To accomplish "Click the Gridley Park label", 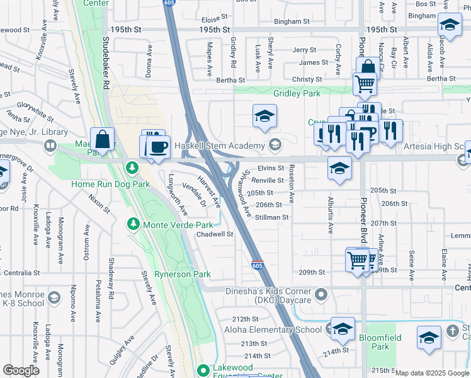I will pos(297,93).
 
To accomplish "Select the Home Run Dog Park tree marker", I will pos(132,168).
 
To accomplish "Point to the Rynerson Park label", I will pos(183,274).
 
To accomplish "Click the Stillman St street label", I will pos(272,217).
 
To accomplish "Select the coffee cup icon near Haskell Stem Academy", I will pos(157,147).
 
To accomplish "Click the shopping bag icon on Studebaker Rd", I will pos(101,139).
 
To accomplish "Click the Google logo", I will pos(21,370).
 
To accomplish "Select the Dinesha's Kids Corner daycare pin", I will pos(322,294).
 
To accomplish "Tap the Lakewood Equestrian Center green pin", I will pos(202,370).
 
